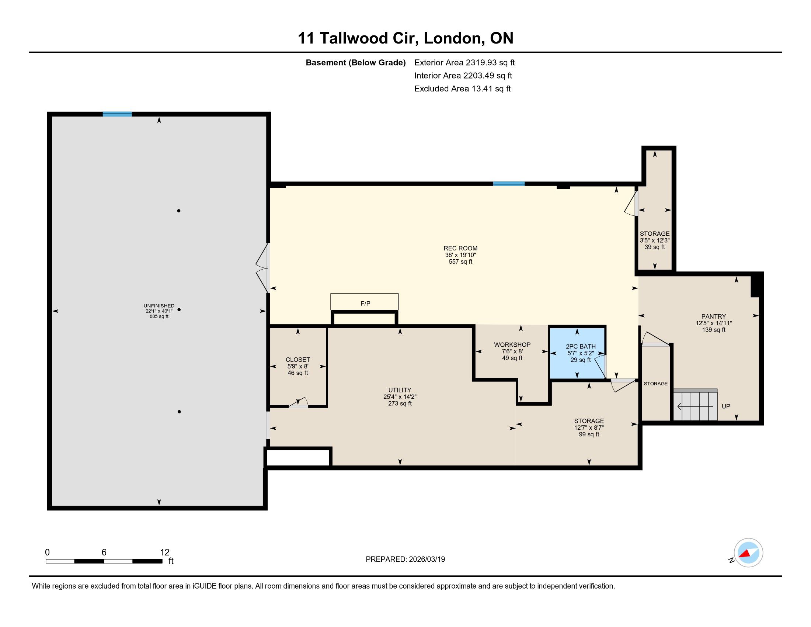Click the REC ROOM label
coord(460,248)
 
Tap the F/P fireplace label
coord(365,304)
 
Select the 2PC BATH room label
coord(580,347)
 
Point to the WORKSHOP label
coord(512,345)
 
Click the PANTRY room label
coord(714,316)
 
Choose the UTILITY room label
coord(400,390)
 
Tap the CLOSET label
coord(298,360)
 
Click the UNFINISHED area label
coord(159,306)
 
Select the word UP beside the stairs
coord(726,406)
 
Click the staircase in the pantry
coord(696,405)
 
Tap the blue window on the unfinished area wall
coord(117,114)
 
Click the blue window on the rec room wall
coord(509,184)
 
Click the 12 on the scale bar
coord(164,552)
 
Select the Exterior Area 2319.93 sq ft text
coord(464,62)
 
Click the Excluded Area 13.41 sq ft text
coord(462,89)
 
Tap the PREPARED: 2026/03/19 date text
coord(405,560)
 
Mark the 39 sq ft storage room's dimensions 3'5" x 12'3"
coord(655,240)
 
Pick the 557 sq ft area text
coord(460,261)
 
